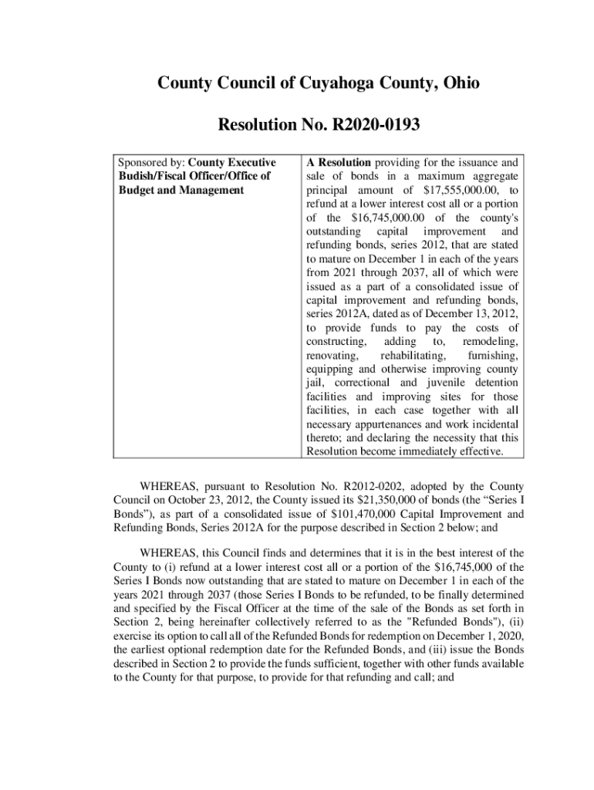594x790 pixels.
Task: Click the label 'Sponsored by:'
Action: (151, 163)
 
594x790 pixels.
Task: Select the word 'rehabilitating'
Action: (412, 355)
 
